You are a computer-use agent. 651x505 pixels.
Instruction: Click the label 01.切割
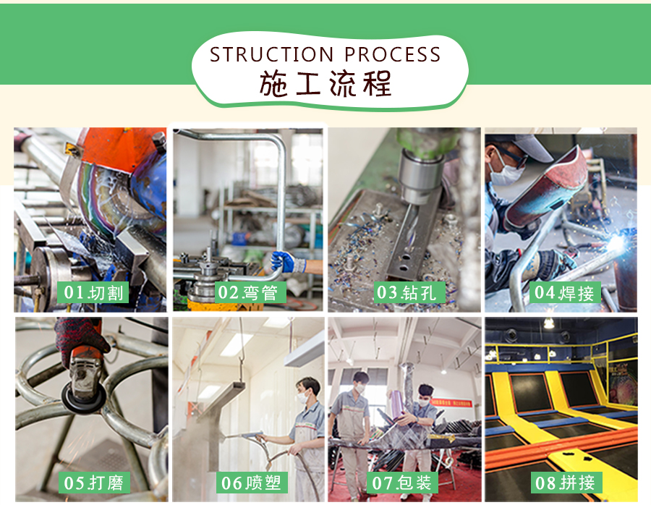coord(93,292)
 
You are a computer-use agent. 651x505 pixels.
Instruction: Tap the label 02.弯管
coord(250,292)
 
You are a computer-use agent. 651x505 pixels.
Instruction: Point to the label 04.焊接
coord(565,292)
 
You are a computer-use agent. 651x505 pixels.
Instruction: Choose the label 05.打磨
coord(94,483)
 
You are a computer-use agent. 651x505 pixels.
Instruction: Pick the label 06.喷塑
coord(252,483)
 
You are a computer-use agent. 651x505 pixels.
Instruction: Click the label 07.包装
coord(402,483)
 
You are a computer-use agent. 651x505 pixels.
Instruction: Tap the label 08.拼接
coord(566,483)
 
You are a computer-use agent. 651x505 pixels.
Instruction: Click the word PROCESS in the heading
coord(392,54)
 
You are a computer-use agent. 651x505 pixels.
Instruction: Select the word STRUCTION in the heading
coord(271,54)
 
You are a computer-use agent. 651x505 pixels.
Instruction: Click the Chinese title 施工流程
coord(325,83)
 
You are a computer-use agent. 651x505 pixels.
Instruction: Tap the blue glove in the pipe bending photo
coord(283,262)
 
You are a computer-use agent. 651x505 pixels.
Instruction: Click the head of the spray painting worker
coord(308,389)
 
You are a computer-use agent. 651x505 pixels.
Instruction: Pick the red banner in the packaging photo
coord(451,403)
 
